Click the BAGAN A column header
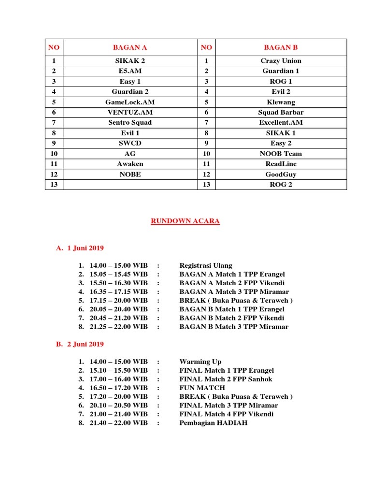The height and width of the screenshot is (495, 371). pyautogui.click(x=130, y=47)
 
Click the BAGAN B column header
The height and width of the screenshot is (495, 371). pyautogui.click(x=281, y=47)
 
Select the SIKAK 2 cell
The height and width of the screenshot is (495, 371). pyautogui.click(x=130, y=61)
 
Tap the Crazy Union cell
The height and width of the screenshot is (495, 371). pyautogui.click(x=281, y=61)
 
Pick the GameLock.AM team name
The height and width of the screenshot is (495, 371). pyautogui.click(x=130, y=102)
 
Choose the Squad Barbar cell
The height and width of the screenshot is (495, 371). pyautogui.click(x=281, y=112)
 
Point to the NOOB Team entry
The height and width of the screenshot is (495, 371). pyautogui.click(x=281, y=154)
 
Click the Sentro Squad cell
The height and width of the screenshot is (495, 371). pyautogui.click(x=130, y=122)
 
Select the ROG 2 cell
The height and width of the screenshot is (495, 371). pyautogui.click(x=281, y=184)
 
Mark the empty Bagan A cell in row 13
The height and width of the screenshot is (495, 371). pyautogui.click(x=130, y=184)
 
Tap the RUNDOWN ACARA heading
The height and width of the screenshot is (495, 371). pyautogui.click(x=185, y=221)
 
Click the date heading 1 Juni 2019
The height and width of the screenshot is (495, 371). pyautogui.click(x=85, y=248)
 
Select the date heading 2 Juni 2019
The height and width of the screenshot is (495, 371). pyautogui.click(x=85, y=344)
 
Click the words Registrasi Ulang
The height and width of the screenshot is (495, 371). pyautogui.click(x=206, y=265)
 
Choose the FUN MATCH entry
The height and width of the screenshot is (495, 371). pyautogui.click(x=202, y=388)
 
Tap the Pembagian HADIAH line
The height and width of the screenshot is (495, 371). pyautogui.click(x=214, y=422)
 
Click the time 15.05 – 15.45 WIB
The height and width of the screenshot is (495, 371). pyautogui.click(x=118, y=274)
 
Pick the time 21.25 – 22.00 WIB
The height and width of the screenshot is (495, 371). pyautogui.click(x=118, y=327)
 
